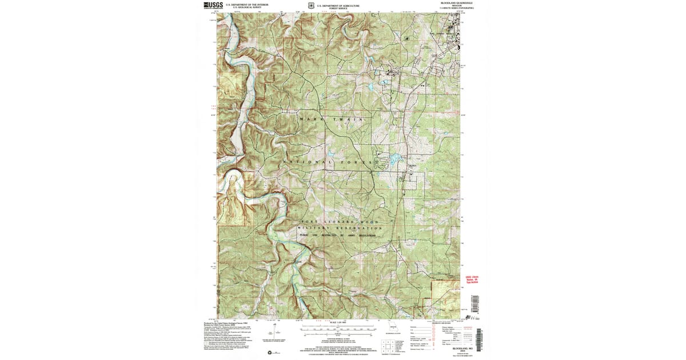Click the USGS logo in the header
(213, 5)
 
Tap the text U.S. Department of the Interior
(246, 5)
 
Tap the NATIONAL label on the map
(306, 162)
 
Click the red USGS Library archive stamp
(472, 279)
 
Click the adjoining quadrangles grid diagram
(388, 346)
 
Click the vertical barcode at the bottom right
(479, 341)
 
